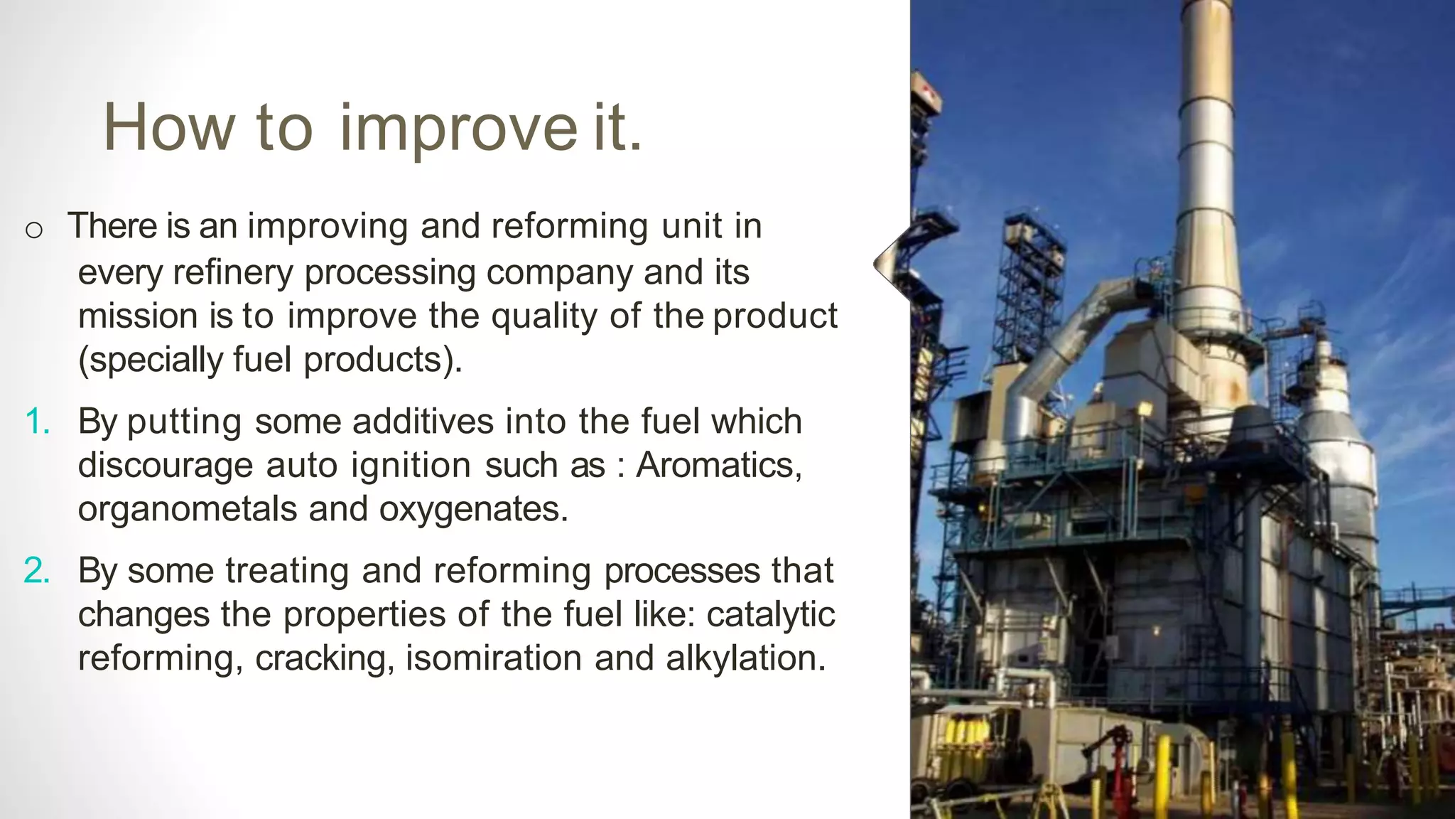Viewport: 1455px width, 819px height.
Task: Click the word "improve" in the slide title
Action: [458, 128]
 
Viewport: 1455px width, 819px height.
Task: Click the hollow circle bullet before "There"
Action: [33, 230]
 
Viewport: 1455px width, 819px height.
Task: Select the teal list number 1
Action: [38, 422]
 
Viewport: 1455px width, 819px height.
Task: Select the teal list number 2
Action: [38, 571]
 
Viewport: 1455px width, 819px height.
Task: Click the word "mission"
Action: [137, 316]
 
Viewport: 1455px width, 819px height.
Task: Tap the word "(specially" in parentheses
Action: [150, 360]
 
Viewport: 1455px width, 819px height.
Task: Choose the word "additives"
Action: [423, 422]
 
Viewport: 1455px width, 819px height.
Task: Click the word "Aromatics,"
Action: [719, 466]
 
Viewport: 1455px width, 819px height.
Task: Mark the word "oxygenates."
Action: [474, 510]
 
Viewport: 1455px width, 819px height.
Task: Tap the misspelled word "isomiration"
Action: [494, 659]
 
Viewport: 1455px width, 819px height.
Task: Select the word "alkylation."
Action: [746, 659]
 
